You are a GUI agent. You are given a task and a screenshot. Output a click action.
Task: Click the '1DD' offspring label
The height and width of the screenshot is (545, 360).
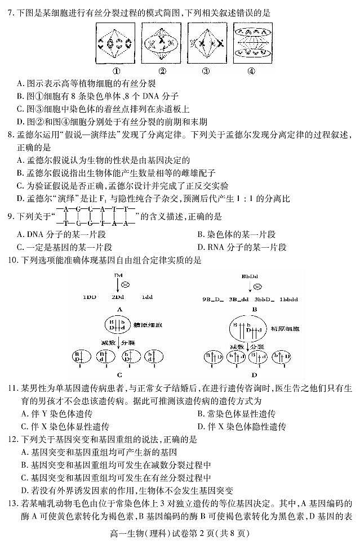pyautogui.click(x=89, y=297)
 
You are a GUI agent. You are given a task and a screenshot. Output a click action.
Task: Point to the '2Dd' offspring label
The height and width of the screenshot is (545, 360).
pyautogui.click(x=118, y=297)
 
